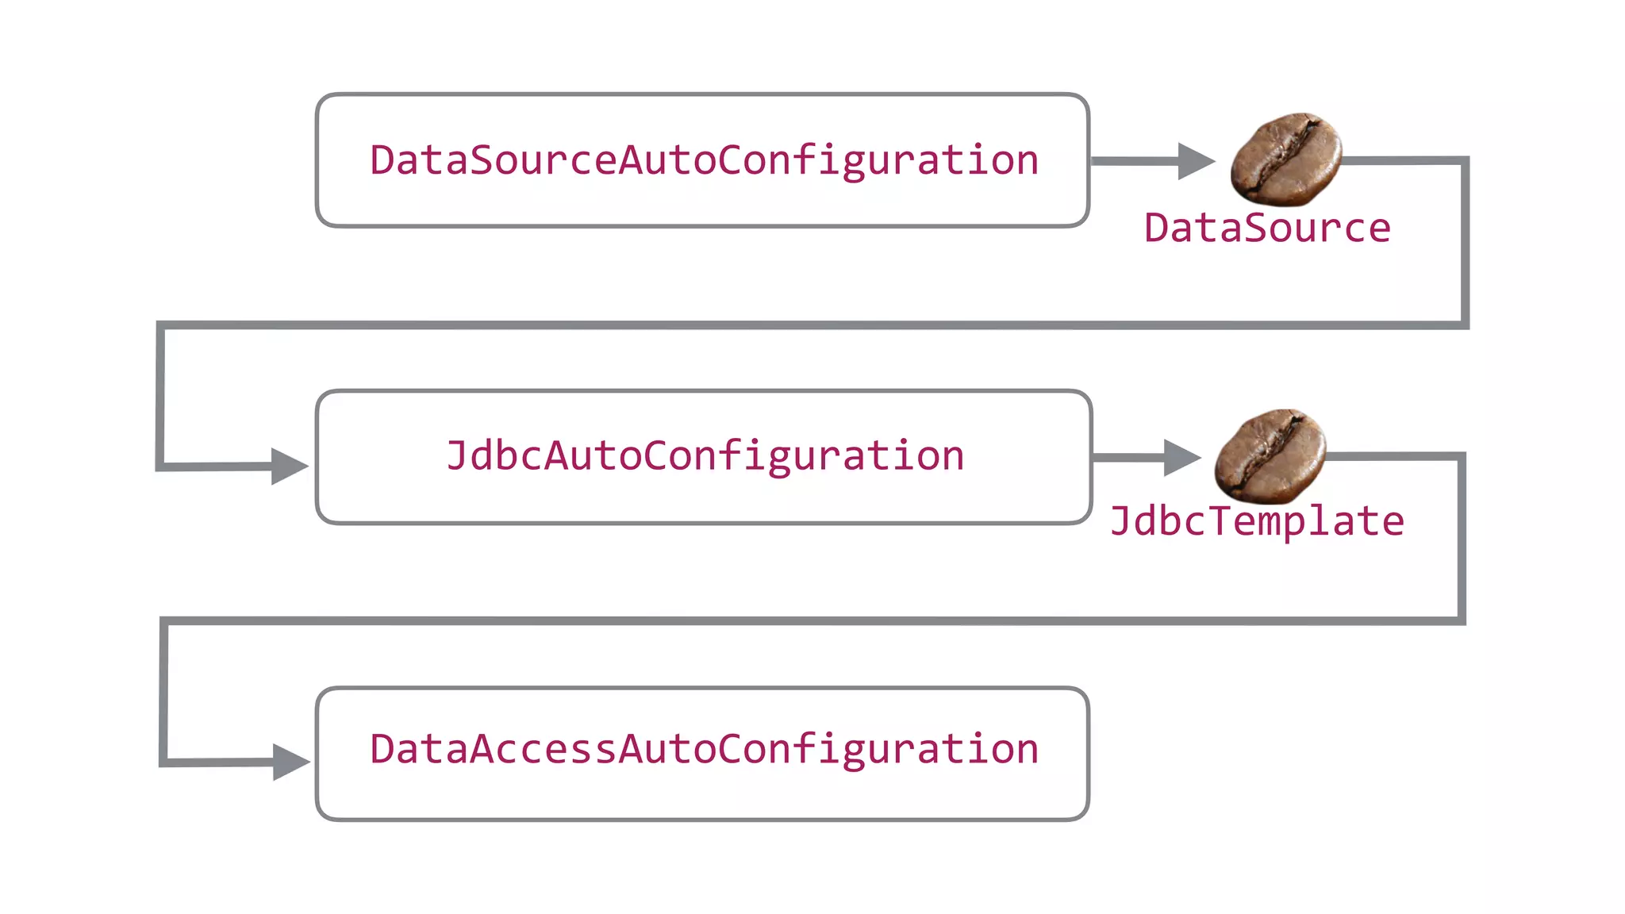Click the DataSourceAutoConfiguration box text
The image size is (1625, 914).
click(x=704, y=160)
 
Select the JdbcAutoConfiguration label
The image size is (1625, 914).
click(x=705, y=456)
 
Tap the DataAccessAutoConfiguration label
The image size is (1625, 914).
click(x=704, y=750)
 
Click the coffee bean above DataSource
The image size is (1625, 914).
click(x=1285, y=159)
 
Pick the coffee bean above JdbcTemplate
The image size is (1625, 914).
click(x=1270, y=455)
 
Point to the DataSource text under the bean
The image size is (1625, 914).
click(x=1267, y=228)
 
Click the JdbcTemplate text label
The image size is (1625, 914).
click(x=1257, y=522)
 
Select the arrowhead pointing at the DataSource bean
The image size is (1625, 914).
click(x=1195, y=161)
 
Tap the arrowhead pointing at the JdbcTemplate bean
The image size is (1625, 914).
click(x=1181, y=457)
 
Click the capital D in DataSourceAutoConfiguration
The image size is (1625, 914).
click(x=382, y=160)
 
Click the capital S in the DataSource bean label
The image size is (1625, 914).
click(x=1267, y=228)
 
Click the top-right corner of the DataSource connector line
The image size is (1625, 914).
click(x=1465, y=161)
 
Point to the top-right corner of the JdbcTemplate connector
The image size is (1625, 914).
click(x=1461, y=456)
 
